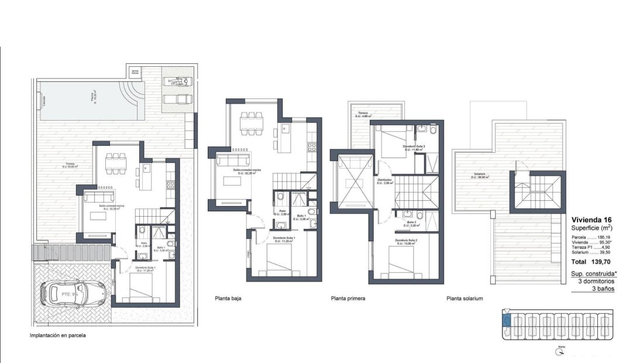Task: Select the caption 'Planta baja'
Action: pos(228,298)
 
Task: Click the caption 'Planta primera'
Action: pos(348,298)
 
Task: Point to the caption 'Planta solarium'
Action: pos(465,298)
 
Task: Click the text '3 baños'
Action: pos(603,289)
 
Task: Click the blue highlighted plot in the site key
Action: pos(507,320)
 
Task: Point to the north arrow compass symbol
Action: pos(561,352)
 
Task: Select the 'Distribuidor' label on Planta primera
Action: pos(384,180)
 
